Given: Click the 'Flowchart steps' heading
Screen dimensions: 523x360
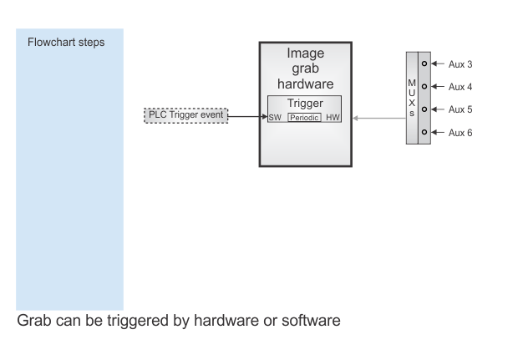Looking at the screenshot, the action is (x=66, y=43).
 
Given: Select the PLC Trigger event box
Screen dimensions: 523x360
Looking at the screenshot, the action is (x=186, y=115).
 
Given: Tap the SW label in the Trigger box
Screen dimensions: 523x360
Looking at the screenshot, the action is (x=275, y=118).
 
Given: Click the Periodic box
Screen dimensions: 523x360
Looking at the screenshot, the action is (x=304, y=117).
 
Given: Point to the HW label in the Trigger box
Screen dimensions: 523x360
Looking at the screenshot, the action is (x=333, y=117).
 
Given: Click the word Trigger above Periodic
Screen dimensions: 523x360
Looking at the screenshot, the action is (x=305, y=104).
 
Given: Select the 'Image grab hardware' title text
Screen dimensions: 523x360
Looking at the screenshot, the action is (x=306, y=68).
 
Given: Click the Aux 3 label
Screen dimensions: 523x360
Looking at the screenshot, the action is (x=460, y=64).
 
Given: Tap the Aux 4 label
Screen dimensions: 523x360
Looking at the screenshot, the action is (x=460, y=87).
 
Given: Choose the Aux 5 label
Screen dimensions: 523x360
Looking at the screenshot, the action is (x=460, y=109).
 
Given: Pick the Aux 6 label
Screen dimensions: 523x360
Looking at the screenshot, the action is (x=460, y=133).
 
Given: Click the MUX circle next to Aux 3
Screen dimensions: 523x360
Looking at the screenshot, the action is (x=424, y=63).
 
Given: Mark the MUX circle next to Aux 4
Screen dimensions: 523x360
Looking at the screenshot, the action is (x=424, y=86).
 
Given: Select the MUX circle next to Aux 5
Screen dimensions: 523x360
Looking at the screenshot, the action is (x=424, y=109).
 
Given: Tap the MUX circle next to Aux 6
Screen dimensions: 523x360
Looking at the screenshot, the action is (x=424, y=132).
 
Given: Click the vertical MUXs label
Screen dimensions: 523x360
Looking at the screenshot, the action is (x=412, y=98).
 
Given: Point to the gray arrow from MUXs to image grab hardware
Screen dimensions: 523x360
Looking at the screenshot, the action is (x=379, y=118).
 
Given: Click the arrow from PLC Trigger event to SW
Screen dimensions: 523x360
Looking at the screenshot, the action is (x=248, y=116).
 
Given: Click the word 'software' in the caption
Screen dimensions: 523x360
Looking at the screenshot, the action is (x=311, y=321).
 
